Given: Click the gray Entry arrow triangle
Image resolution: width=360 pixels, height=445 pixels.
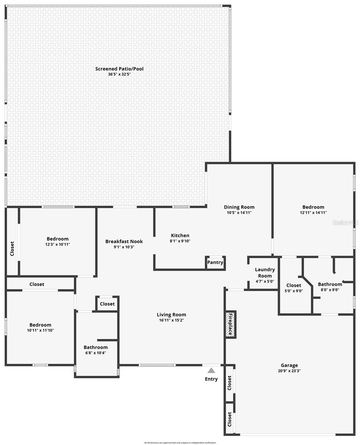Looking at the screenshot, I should tap(211, 370).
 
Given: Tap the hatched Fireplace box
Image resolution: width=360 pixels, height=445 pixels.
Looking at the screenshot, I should tap(230, 324).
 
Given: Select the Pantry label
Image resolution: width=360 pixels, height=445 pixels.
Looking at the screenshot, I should tap(215, 263).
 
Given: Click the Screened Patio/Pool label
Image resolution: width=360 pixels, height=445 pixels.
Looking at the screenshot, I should tap(119, 69).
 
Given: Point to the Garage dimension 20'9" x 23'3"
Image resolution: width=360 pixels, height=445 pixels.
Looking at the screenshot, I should tap(289, 371).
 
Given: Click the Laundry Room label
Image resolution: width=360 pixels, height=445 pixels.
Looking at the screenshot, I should tap(265, 273).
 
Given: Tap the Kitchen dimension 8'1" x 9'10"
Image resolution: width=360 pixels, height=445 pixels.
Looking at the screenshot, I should tap(180, 241).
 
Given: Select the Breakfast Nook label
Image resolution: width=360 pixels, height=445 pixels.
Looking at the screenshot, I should tap(124, 241).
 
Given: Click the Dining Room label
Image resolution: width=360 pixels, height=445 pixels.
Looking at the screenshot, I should tap(239, 207).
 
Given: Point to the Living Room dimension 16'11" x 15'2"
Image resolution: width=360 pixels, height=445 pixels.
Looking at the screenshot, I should tap(171, 320).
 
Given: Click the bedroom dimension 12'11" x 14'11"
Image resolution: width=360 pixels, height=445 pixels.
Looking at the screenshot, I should tap(313, 213).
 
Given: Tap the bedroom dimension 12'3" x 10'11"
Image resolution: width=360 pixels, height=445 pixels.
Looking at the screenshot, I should tap(58, 244).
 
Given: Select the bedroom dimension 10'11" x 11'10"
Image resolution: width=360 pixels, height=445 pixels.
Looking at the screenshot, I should tap(40, 330).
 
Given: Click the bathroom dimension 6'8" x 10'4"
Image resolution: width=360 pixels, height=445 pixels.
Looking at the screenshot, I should tap(95, 353).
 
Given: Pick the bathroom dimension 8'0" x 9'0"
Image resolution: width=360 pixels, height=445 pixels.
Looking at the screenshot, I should tap(330, 290).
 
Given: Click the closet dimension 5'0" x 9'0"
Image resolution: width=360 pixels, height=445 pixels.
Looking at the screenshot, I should tap(294, 291).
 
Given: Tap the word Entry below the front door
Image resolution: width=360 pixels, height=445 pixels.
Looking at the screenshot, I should tap(211, 379).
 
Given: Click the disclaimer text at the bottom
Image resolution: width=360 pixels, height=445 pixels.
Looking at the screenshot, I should tap(180, 442).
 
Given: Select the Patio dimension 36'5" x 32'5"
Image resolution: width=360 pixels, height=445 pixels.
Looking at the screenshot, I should tap(119, 74).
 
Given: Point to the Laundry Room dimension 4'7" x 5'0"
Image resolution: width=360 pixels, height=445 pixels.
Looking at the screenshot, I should tap(265, 281).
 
